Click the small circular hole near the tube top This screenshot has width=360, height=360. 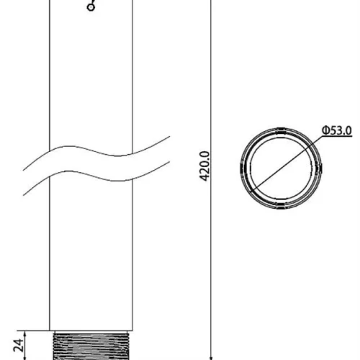pyautogui.click(x=91, y=7)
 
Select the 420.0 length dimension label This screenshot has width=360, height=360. pyautogui.click(x=204, y=166)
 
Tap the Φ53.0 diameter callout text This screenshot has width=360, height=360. pyautogui.click(x=337, y=130)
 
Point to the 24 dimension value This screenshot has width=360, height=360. pyautogui.click(x=19, y=346)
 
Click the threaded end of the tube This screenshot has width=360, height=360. pyautogui.click(x=91, y=346)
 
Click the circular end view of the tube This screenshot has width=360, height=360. pyautogui.click(x=281, y=168)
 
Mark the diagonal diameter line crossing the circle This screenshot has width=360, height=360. pyautogui.click(x=286, y=163)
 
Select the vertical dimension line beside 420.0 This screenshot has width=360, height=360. pyautogui.click(x=210, y=180)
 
